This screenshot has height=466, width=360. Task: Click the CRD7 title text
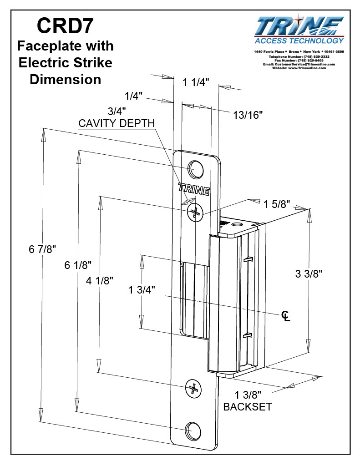65,25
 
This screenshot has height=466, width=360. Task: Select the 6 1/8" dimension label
78,265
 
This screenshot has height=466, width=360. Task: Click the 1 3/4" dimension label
142,289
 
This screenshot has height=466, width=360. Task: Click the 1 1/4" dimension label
196,82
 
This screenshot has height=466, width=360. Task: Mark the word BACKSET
247,406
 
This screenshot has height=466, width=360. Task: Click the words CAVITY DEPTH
117,123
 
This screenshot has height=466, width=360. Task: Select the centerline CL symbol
285,315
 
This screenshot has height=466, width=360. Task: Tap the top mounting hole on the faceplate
197,169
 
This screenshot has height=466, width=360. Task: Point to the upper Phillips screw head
195,212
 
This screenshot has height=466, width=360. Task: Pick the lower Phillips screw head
193,388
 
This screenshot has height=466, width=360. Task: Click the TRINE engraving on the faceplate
194,189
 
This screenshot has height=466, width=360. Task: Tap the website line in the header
299,68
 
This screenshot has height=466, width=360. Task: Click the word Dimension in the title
65,79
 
